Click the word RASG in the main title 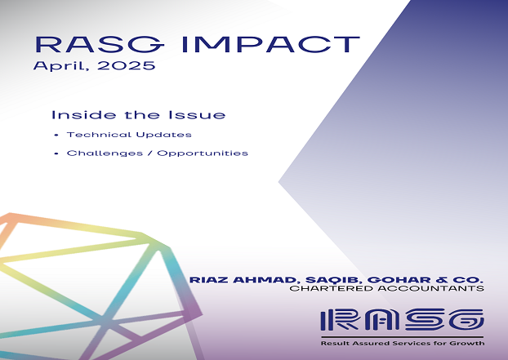(99, 44)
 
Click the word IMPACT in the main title (271, 44)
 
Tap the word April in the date (60, 66)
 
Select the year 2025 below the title (127, 66)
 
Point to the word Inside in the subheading (83, 115)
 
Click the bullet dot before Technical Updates (56, 135)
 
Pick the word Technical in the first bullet (99, 135)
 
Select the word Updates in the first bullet (163, 135)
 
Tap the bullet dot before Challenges (56, 153)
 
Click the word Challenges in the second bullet (105, 153)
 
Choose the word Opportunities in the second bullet (203, 153)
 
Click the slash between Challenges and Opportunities (150, 153)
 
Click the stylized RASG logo (402, 320)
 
